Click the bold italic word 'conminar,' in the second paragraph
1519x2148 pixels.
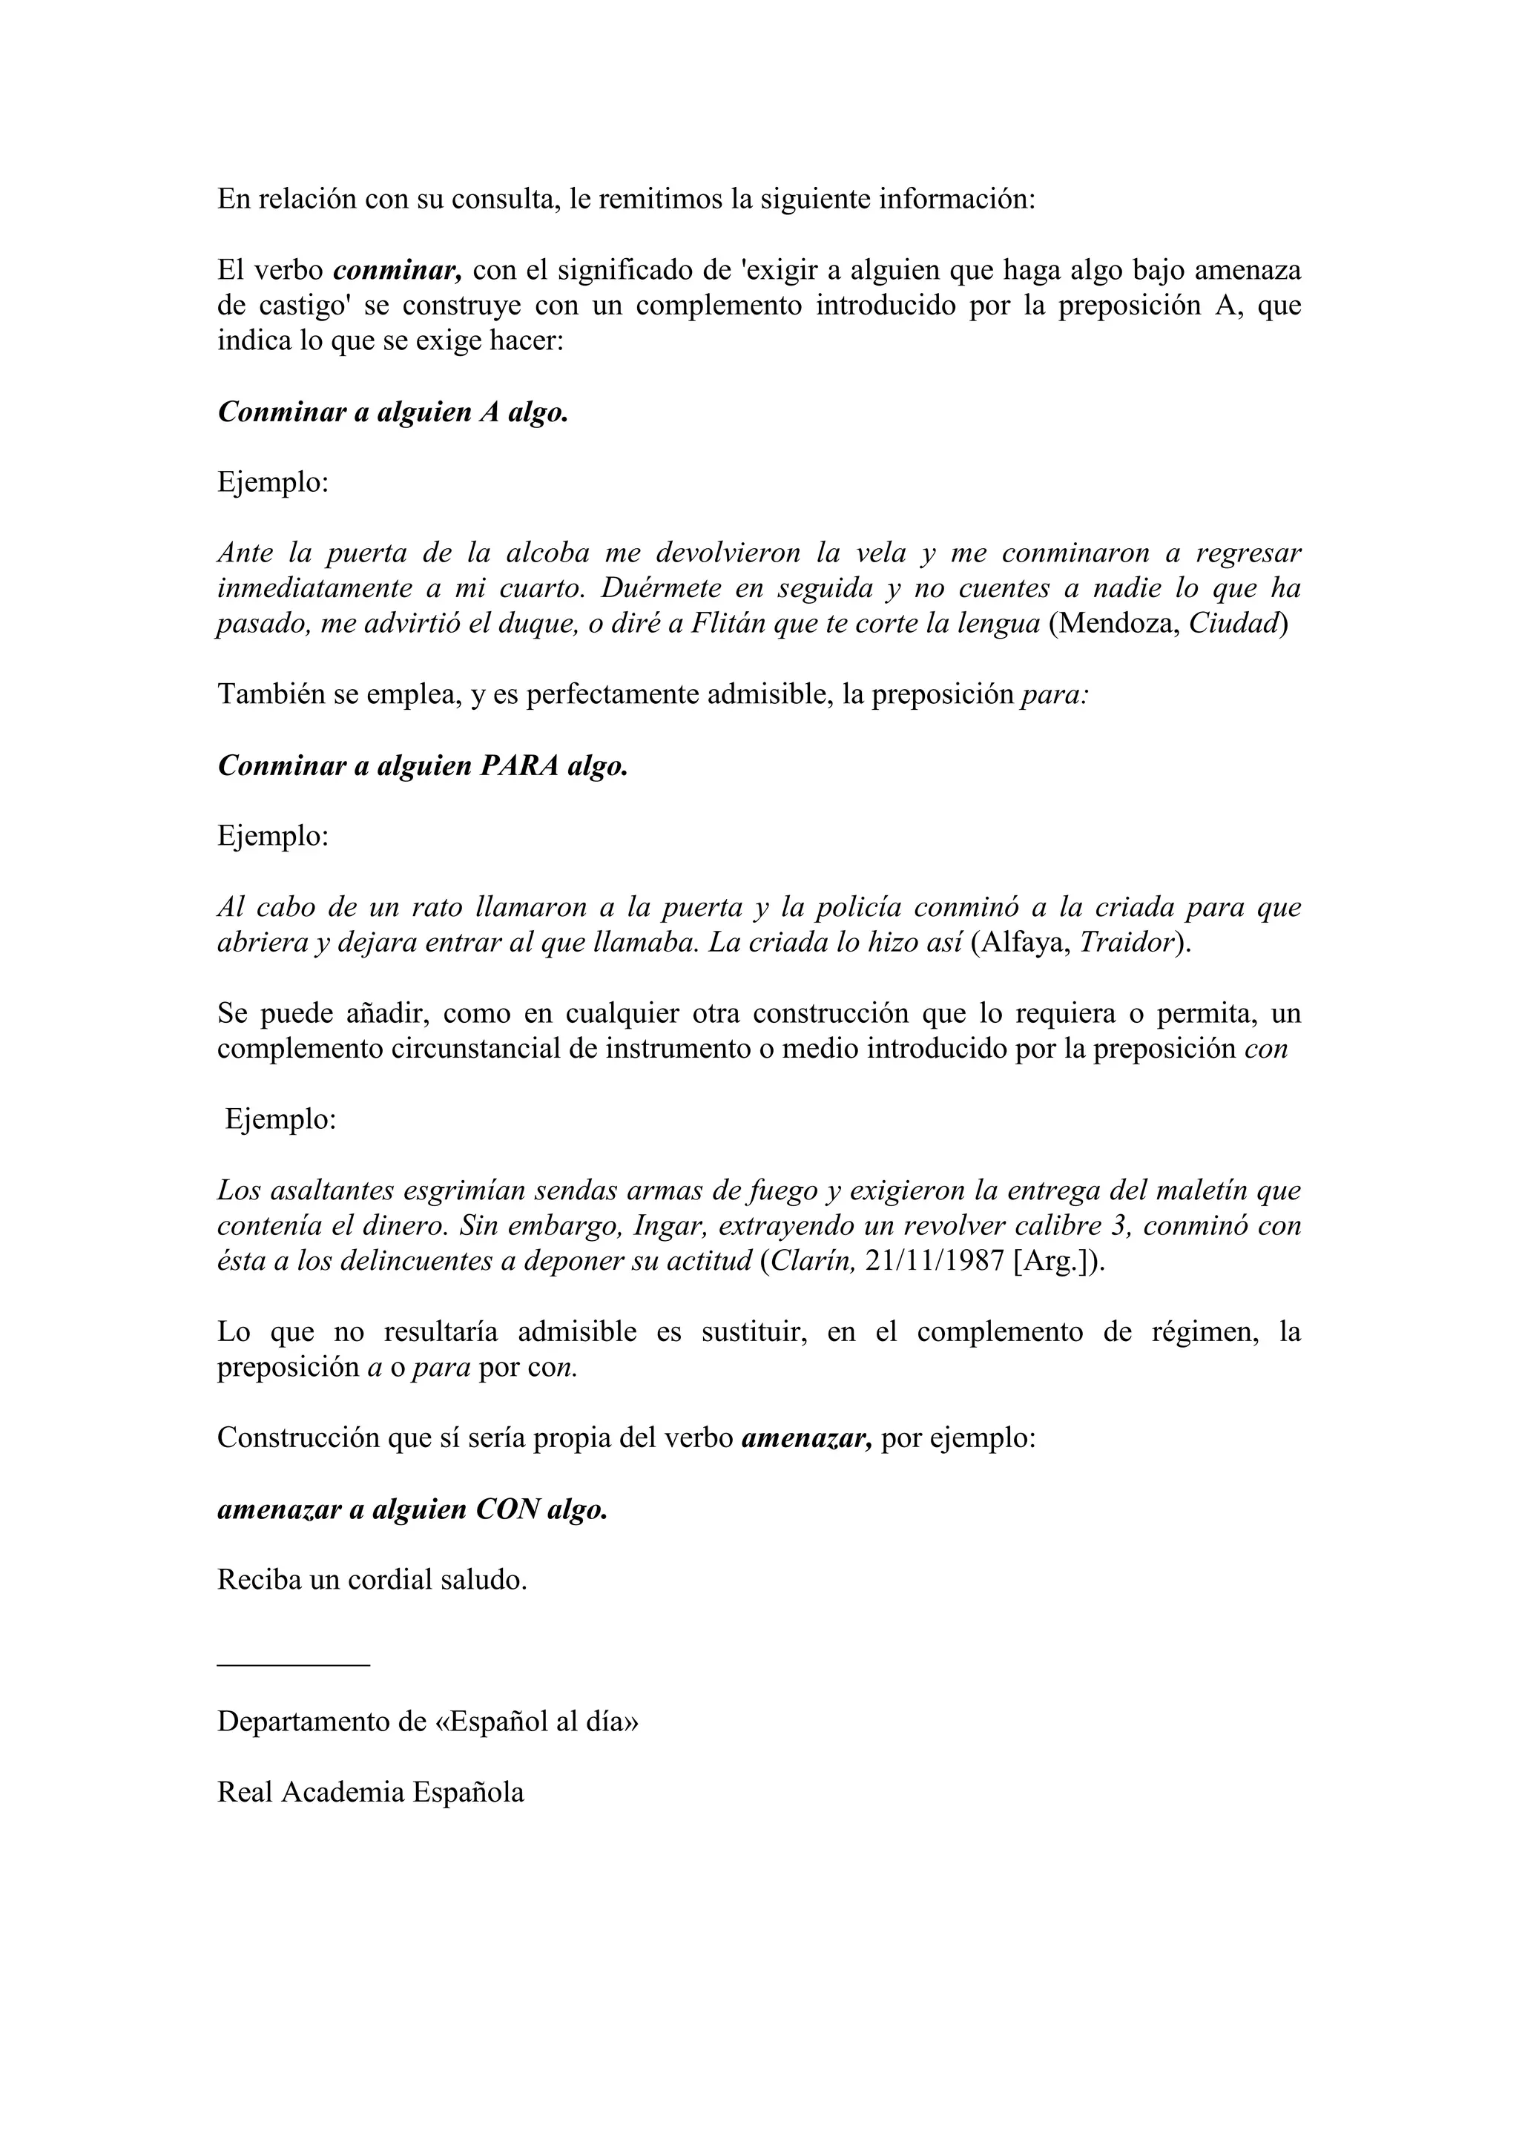(x=398, y=271)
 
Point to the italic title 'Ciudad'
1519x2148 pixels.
(x=1232, y=624)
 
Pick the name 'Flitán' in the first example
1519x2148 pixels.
(x=728, y=624)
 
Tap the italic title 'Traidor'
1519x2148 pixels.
(x=1126, y=942)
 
